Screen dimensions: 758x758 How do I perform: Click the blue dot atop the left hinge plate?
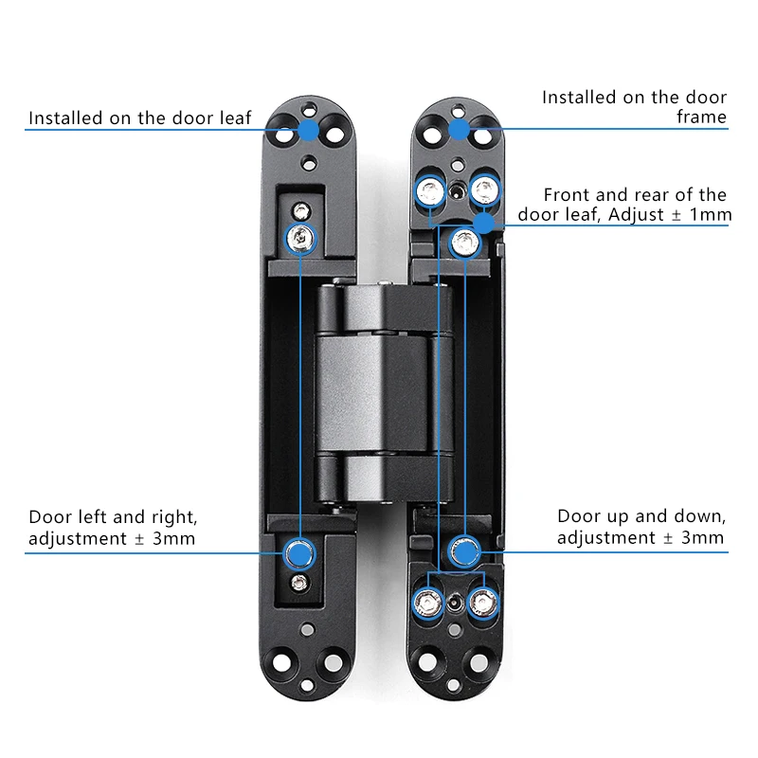tap(309, 129)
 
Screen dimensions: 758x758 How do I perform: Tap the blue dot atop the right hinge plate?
tap(459, 129)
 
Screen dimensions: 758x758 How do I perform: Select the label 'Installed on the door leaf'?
tap(140, 117)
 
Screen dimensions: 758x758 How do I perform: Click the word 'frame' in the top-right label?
tap(701, 117)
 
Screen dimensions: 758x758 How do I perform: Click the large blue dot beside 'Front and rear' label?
tap(484, 224)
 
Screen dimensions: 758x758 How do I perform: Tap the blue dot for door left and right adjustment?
tap(299, 550)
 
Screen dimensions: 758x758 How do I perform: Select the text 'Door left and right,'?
tap(113, 517)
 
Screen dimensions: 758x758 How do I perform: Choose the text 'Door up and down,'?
tap(641, 517)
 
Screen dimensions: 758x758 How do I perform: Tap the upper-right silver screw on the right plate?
tap(485, 191)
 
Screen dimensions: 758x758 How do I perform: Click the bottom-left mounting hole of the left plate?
tap(283, 660)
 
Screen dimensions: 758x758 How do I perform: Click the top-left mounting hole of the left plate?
tap(283, 135)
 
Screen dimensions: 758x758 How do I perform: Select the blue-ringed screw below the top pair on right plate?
tap(463, 244)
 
